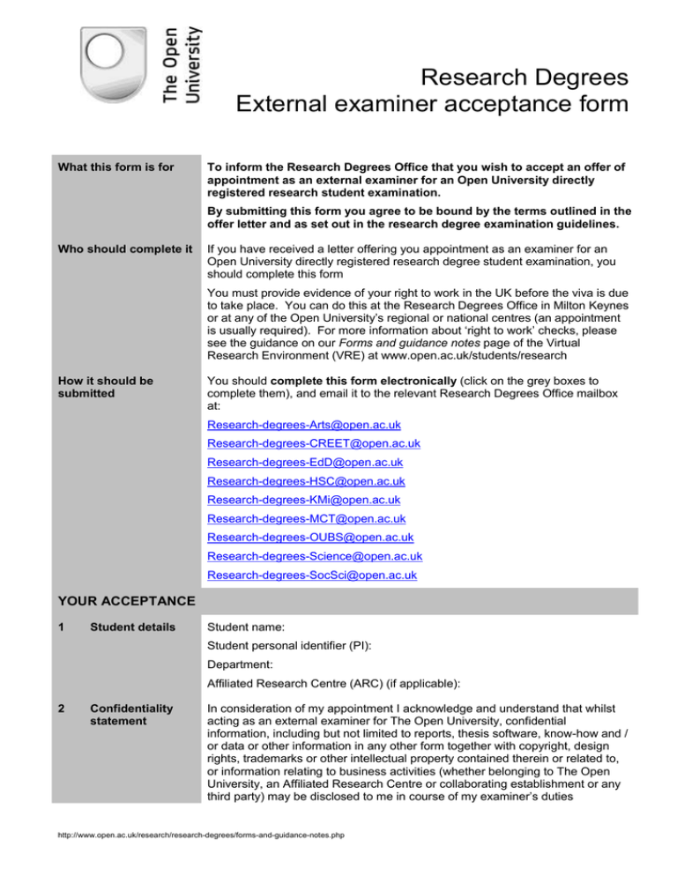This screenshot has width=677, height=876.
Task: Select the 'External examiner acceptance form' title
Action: (432, 107)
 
